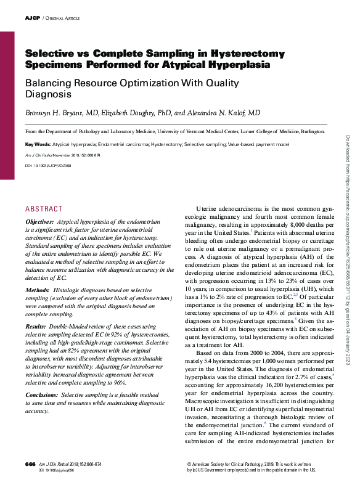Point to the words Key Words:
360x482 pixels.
point(38,144)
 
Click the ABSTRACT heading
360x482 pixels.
point(44,209)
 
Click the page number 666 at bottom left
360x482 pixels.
point(30,464)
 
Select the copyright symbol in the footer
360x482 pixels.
point(189,462)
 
